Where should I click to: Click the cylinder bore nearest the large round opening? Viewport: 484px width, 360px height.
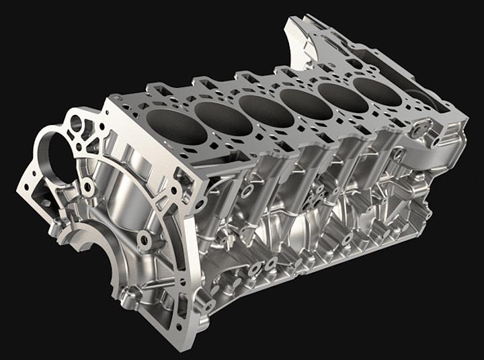pos(177,126)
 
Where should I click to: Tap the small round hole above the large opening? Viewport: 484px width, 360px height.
pos(76,123)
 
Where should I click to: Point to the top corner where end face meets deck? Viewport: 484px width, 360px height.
pos(108,99)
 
